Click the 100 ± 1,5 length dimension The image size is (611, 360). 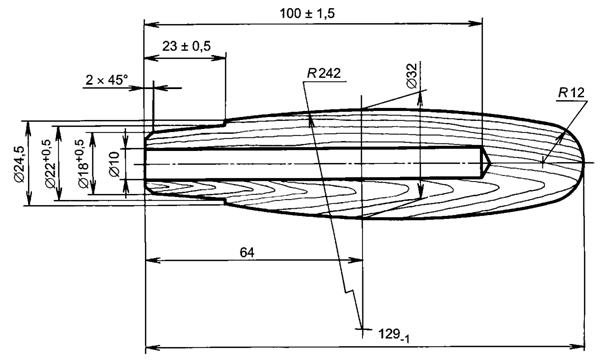coord(307,14)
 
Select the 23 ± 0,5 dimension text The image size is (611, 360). coord(186,46)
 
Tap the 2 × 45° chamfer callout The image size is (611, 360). coord(106,80)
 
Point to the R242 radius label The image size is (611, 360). coord(323,73)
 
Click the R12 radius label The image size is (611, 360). coord(571,93)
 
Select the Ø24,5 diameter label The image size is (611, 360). coord(19,164)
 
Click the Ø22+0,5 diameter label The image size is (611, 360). coord(51,164)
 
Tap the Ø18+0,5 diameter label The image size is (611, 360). coord(84,164)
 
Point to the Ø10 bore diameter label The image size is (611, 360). coord(115,164)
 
